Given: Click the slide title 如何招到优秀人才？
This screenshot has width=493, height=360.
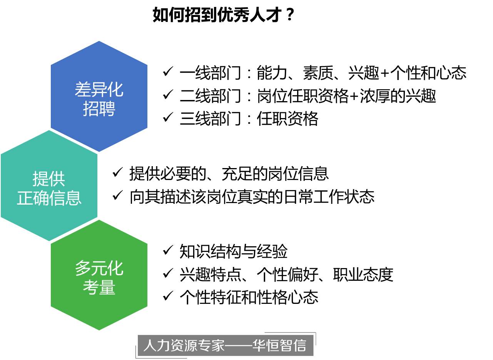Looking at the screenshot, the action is (223, 15).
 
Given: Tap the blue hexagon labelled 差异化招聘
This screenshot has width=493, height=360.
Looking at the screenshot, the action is (99, 96).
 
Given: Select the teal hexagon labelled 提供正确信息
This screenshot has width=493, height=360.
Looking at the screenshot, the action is (49, 186).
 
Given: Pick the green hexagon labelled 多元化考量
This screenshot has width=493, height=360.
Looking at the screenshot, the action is (99, 275).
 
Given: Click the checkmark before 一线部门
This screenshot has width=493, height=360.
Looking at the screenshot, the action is (168, 72).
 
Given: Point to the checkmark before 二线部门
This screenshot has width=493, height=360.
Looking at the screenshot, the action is (168, 95).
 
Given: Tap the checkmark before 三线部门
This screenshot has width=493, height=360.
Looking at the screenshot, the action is (168, 117).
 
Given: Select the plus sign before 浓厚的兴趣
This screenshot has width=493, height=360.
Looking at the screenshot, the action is (354, 96).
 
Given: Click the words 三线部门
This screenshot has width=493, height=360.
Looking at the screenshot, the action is (211, 119).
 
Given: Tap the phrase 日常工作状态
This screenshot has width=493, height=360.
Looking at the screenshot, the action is (329, 197).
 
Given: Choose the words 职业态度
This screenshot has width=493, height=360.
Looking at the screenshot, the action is (363, 275).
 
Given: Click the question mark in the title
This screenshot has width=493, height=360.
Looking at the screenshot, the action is (290, 15).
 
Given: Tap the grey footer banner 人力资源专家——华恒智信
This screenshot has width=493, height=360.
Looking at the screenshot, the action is (226, 345).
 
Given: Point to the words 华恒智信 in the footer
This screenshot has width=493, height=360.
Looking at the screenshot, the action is (279, 345).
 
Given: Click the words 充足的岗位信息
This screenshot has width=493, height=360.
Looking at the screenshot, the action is (275, 174).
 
